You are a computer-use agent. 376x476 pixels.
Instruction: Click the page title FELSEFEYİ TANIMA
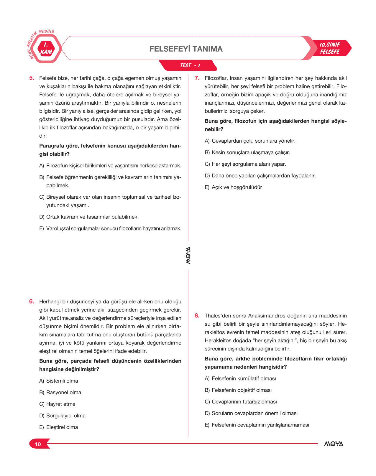(186, 49)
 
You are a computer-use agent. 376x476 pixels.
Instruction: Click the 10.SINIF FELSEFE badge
(330, 48)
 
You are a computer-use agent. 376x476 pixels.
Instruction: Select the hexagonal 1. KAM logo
(46, 49)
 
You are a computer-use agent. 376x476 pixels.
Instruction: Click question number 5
(32, 78)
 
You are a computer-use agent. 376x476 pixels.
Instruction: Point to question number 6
(32, 302)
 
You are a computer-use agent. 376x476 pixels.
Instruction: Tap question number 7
(197, 78)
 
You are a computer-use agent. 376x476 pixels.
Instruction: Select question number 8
(197, 316)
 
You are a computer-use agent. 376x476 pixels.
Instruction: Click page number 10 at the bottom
(38, 444)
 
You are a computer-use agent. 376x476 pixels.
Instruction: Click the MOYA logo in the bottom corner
(334, 444)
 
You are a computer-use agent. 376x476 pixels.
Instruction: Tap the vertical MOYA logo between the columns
(188, 255)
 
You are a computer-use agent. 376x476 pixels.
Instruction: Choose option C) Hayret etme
(58, 404)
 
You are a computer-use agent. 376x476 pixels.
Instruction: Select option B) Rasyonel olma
(60, 393)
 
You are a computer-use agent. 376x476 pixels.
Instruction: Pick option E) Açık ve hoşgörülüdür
(233, 187)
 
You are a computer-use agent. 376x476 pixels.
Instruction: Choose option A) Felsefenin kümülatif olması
(240, 379)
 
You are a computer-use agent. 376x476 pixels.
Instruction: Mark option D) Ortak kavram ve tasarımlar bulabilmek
(89, 217)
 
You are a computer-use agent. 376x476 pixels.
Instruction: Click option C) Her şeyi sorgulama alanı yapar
(245, 164)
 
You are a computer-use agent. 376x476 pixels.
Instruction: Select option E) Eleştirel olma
(59, 427)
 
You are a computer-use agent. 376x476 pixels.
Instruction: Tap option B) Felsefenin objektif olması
(238, 390)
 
